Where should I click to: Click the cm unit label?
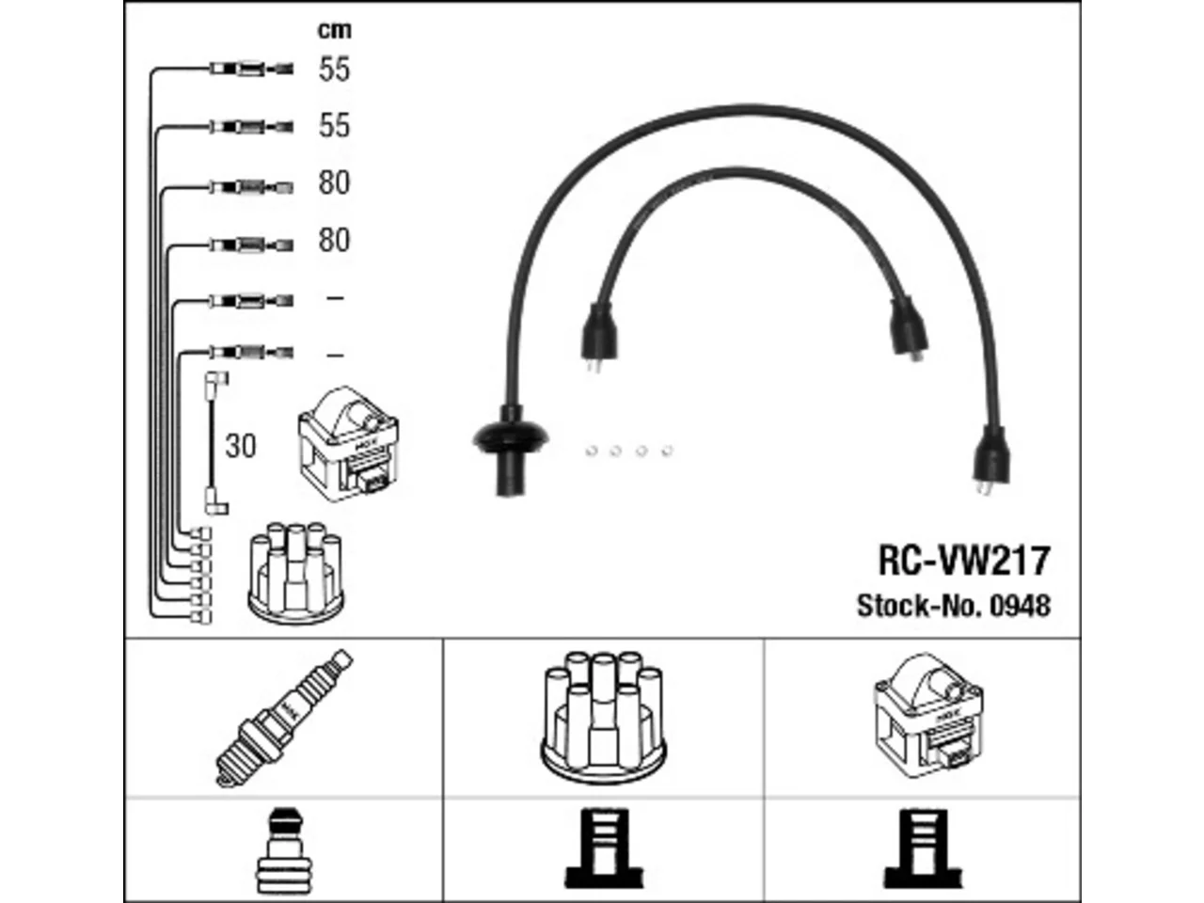334,30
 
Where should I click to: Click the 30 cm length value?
240,446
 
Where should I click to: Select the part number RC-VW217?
964,561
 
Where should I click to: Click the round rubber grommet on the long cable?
510,438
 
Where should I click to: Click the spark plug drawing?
283,718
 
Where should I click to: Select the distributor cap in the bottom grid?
603,717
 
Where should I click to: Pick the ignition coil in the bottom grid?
928,716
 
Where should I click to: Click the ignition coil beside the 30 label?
348,443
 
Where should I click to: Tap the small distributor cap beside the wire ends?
296,574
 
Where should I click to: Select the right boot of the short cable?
908,329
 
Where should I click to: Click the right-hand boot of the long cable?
990,461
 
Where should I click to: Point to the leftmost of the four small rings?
591,451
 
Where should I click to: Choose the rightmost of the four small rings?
667,451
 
